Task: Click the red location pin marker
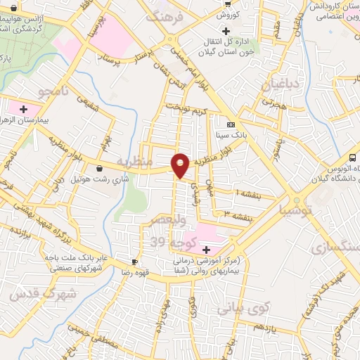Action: pos(181,165)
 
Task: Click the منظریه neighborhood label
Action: pos(134,162)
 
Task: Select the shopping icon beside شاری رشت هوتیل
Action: pos(98,168)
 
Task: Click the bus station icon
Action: pos(352,157)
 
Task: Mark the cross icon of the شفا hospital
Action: pos(206,250)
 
